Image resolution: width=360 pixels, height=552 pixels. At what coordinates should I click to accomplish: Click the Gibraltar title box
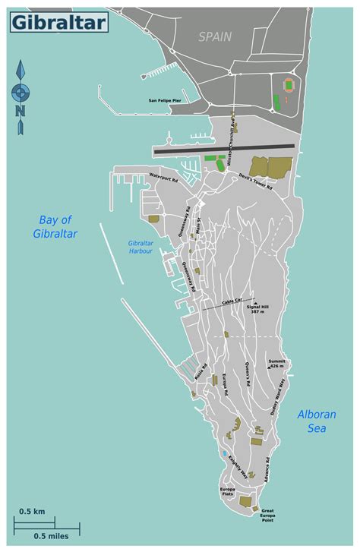click(x=58, y=24)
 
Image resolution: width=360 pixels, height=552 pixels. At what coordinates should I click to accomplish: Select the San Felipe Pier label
click(x=171, y=100)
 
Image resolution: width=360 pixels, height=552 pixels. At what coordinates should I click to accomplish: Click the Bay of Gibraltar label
click(x=60, y=227)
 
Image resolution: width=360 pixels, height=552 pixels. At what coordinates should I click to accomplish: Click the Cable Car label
click(x=233, y=302)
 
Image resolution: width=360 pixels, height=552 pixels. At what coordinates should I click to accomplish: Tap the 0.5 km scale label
click(x=32, y=511)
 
